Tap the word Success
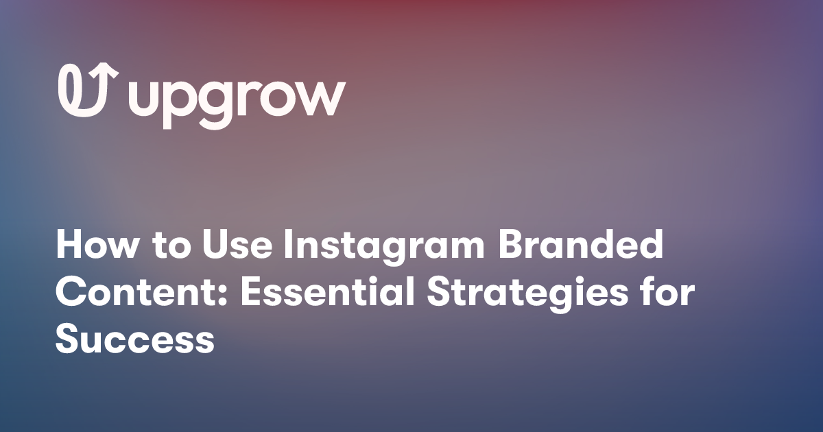pyautogui.click(x=135, y=341)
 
